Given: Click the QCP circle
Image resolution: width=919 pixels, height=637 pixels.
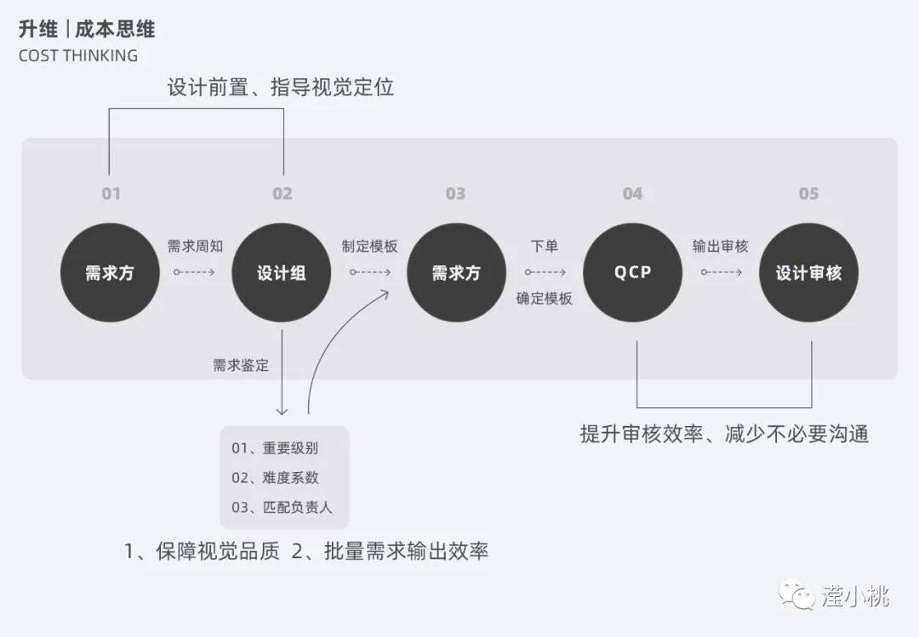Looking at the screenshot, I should [x=632, y=273].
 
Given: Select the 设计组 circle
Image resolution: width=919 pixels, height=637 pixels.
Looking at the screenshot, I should [x=282, y=273].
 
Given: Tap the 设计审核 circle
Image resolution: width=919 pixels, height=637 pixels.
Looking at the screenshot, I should [x=808, y=273].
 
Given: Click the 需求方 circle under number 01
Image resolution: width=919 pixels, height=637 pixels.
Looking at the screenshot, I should [x=110, y=273].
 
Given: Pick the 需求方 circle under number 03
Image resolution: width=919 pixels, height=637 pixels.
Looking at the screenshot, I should [x=456, y=273].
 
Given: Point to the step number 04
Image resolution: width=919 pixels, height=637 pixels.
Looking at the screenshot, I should [x=632, y=194].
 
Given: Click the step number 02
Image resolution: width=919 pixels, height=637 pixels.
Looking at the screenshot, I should [x=283, y=194].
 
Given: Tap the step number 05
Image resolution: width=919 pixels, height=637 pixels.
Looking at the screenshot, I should [x=808, y=194].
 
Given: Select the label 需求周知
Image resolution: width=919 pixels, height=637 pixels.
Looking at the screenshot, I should [x=195, y=247].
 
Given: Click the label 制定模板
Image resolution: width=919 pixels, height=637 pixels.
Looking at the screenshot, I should [x=369, y=247].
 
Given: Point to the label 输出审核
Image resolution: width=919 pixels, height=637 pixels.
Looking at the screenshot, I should [x=720, y=247].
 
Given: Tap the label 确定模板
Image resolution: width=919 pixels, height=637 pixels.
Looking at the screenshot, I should [x=544, y=299].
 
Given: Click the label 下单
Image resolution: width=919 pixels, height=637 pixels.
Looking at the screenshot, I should [x=544, y=247].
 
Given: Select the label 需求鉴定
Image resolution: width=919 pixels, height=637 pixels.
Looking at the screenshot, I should [x=241, y=366].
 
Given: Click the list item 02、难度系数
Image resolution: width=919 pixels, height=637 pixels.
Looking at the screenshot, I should [x=275, y=478].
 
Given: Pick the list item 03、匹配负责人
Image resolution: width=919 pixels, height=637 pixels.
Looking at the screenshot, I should [x=282, y=507].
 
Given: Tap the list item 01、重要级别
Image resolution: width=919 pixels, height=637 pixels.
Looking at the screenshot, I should [x=275, y=448].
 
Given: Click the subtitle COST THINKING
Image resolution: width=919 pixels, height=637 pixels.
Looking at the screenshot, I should [x=77, y=56].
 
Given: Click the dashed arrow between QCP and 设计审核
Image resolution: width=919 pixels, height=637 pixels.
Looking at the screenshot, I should [x=721, y=273].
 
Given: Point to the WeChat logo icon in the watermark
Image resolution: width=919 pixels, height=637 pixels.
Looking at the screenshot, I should [x=798, y=594].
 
